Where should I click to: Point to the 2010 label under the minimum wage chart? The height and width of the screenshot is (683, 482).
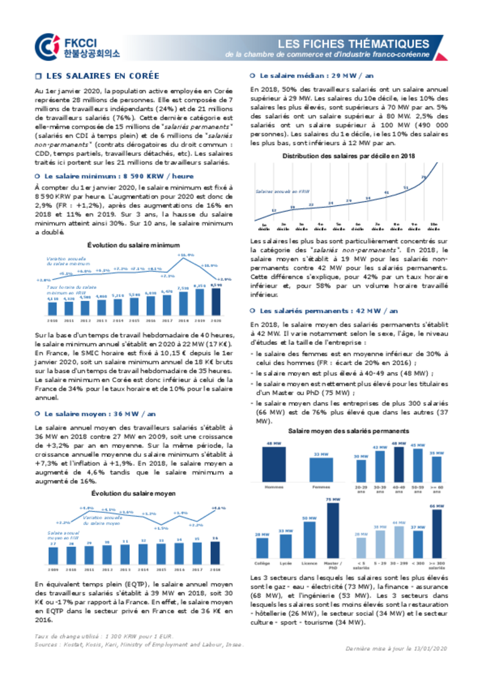[52, 320]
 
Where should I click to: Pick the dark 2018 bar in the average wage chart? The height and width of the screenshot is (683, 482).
[215, 552]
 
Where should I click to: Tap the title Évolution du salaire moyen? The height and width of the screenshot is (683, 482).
[133, 493]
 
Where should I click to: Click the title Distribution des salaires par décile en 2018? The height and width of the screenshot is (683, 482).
[348, 156]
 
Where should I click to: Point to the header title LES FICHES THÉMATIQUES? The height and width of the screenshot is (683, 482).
[353, 44]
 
